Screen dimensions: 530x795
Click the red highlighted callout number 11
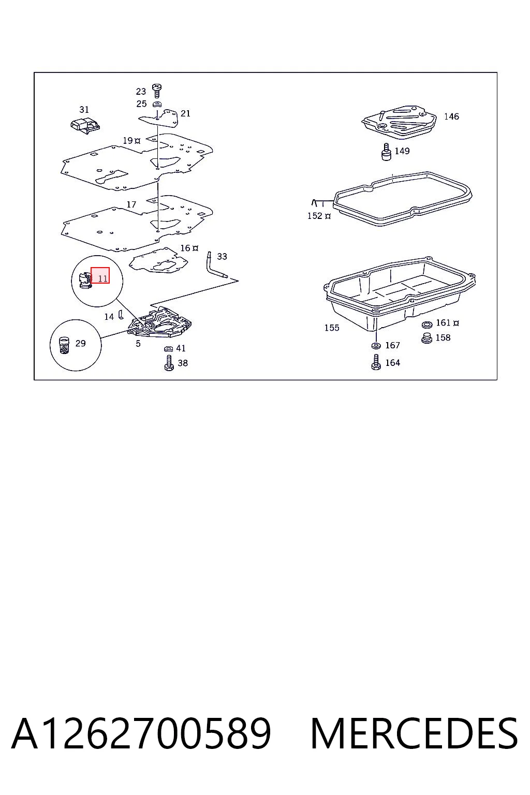tap(100, 275)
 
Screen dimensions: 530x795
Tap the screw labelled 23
tap(156, 91)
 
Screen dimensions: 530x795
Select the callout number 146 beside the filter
tap(451, 116)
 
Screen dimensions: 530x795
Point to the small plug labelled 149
tap(386, 152)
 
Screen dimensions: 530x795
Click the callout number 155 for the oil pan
tap(332, 328)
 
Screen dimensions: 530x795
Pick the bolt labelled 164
tap(376, 362)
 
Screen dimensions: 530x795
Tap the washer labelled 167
tap(376, 345)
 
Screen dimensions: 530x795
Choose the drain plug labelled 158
tap(426, 338)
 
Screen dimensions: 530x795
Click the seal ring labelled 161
tap(426, 324)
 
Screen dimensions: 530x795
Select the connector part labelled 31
tap(85, 126)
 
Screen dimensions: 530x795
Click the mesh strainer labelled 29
tap(64, 345)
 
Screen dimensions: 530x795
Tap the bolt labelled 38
tap(169, 363)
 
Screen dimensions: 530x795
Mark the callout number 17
tap(131, 204)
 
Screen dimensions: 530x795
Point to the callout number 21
tap(185, 113)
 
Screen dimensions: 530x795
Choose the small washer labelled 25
tap(156, 105)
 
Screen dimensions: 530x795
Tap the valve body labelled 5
tap(160, 322)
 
